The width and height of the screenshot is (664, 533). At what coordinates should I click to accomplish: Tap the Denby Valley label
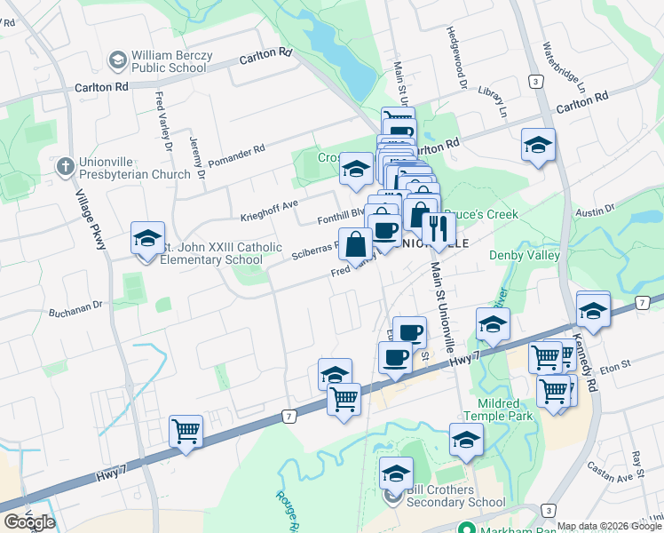pos(525,256)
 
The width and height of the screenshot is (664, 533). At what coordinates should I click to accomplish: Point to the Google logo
pos(29,522)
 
